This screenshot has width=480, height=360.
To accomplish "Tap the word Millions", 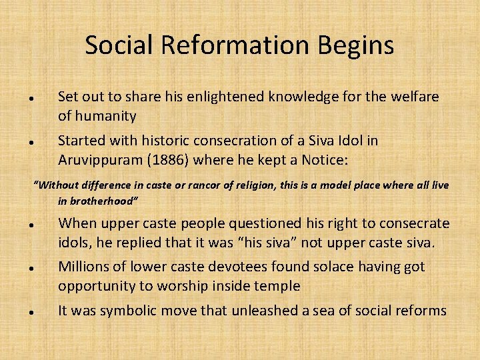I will click(x=83, y=267).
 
